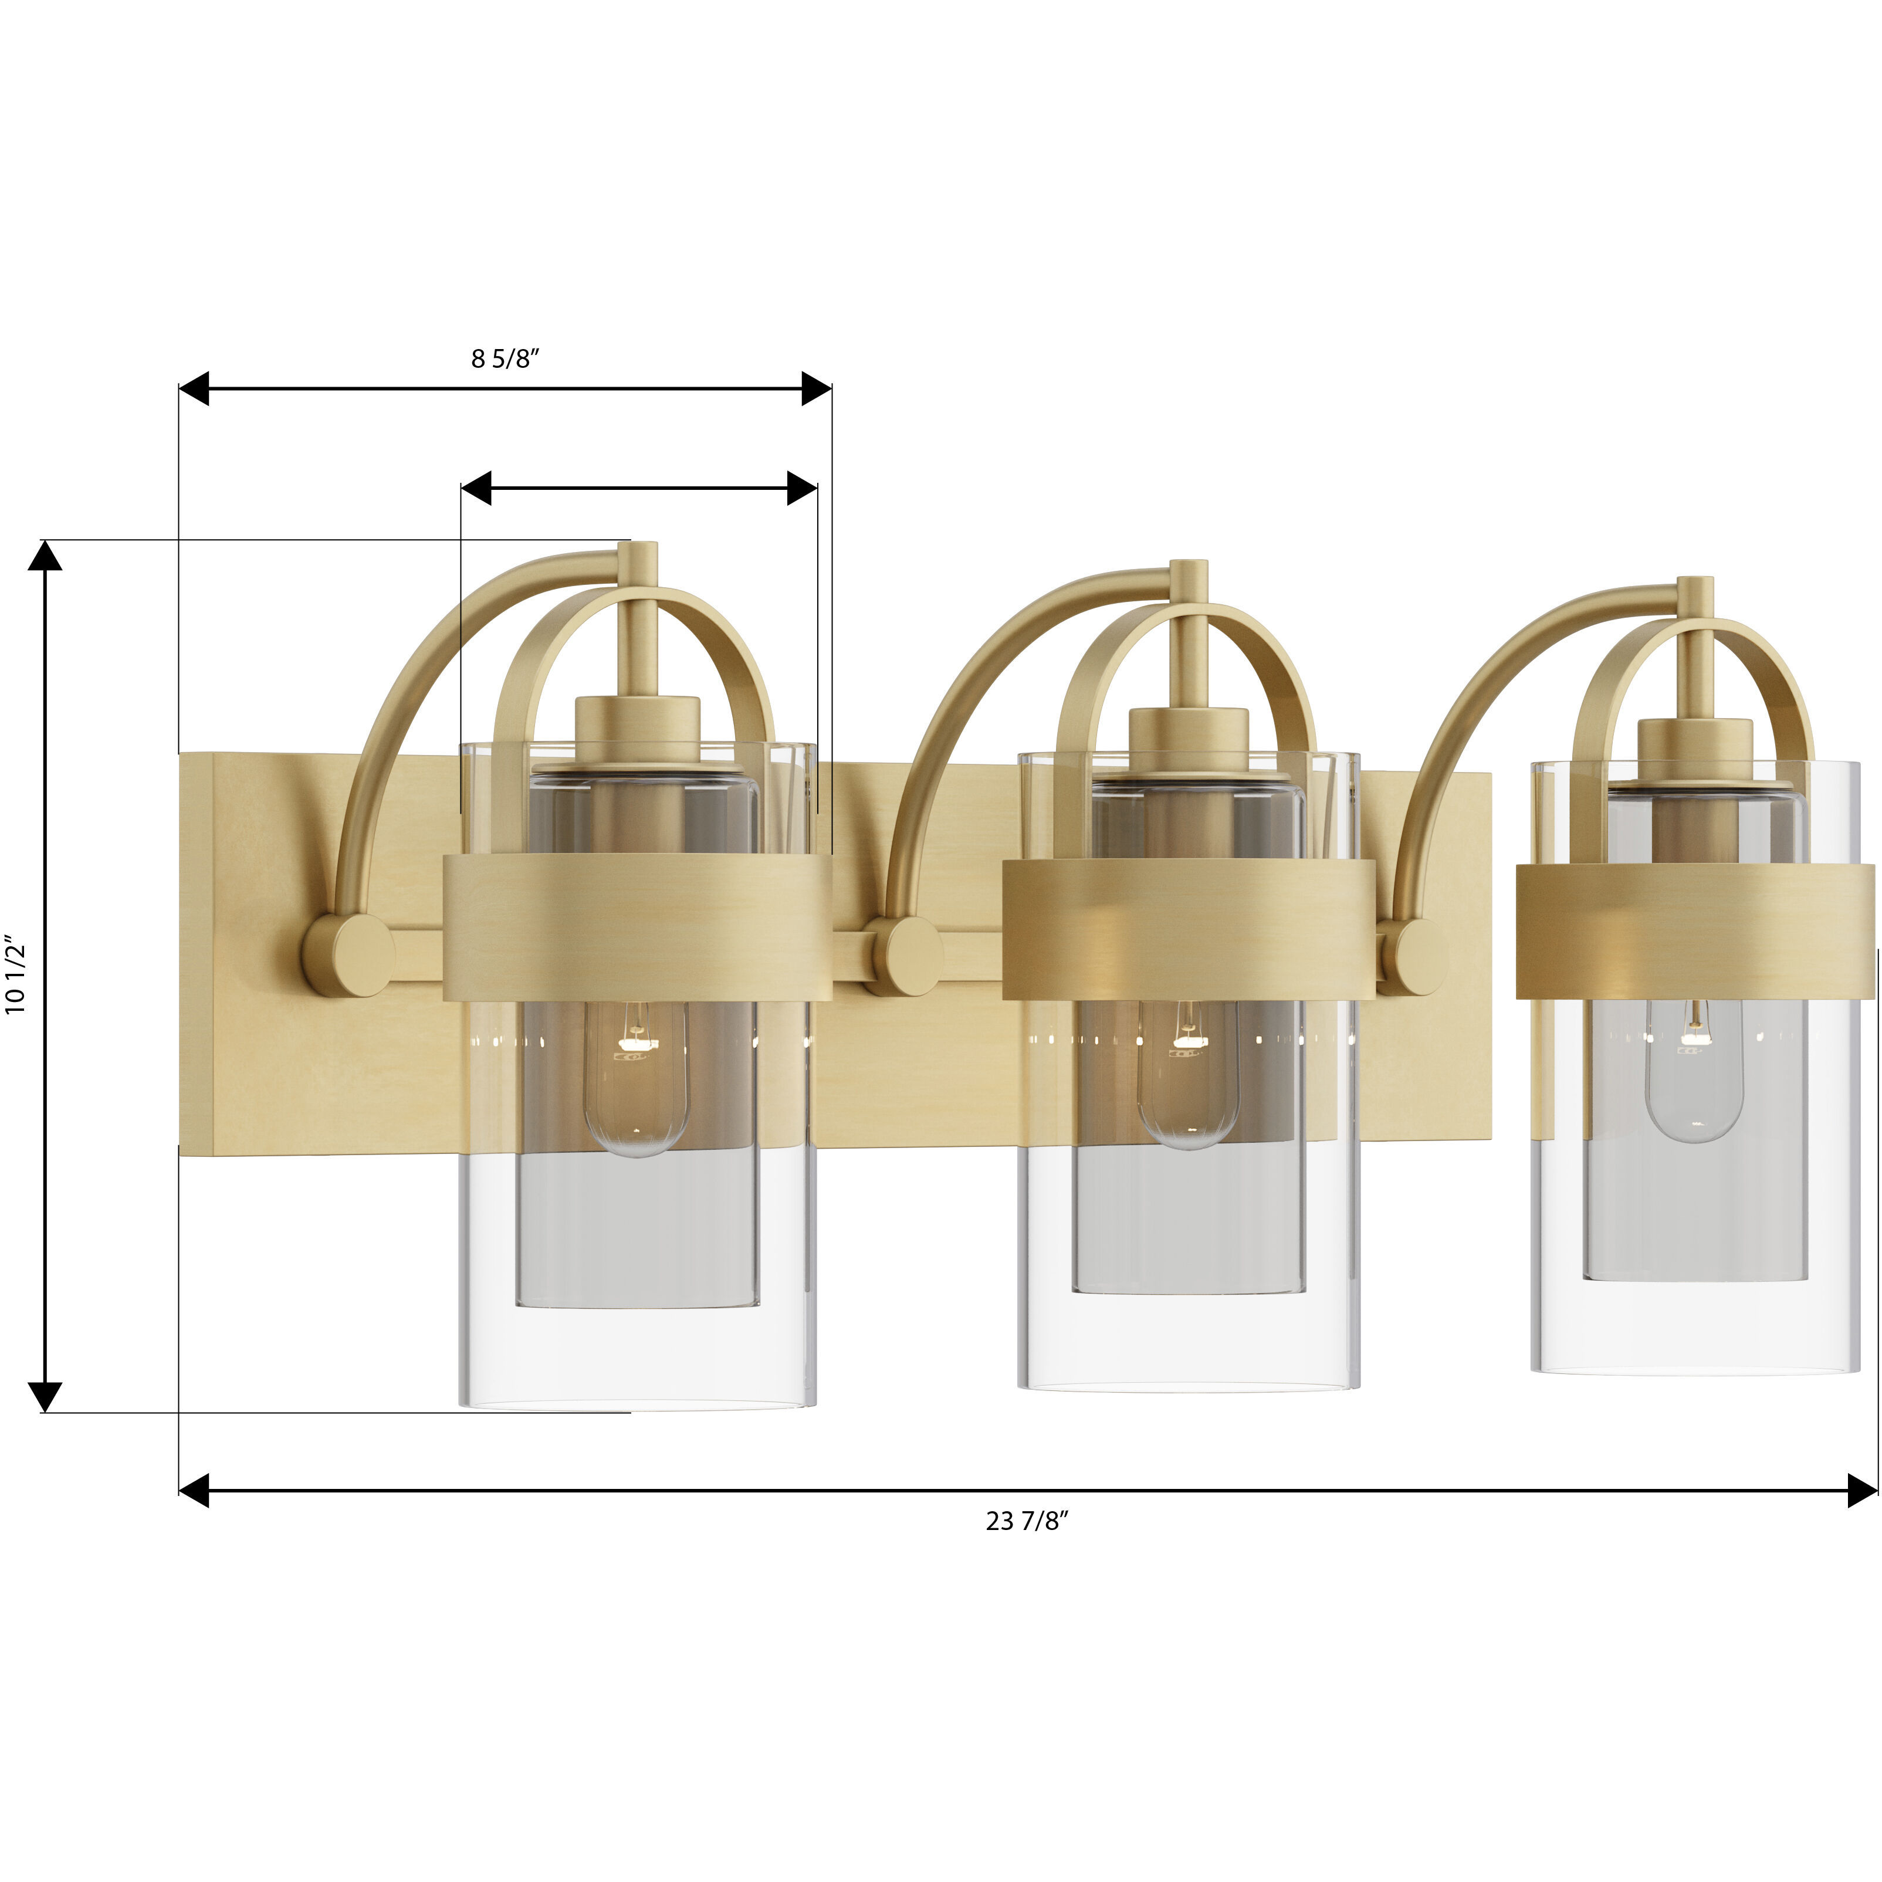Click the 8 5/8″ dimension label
[505, 360]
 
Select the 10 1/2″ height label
[16, 977]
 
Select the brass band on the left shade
[637, 928]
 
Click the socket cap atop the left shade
[638, 726]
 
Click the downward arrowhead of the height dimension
[45, 1396]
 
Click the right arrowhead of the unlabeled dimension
[802, 488]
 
